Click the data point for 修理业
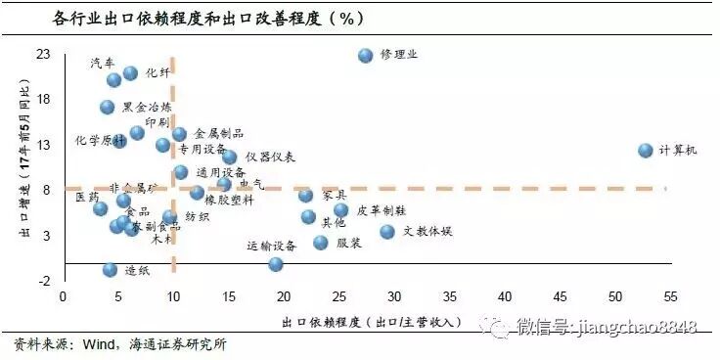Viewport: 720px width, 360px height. pyautogui.click(x=366, y=57)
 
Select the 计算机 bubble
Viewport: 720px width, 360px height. pyautogui.click(x=646, y=151)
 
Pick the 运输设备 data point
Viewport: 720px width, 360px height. pyautogui.click(x=276, y=264)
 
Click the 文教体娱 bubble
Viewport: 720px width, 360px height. pyautogui.click(x=387, y=232)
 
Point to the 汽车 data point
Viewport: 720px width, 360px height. pyautogui.click(x=113, y=80)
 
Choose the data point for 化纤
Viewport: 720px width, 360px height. pyautogui.click(x=131, y=73)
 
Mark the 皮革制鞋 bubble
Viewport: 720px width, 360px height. pyautogui.click(x=340, y=210)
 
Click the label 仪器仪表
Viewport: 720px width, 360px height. pyautogui.click(x=271, y=157)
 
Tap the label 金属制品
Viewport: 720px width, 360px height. pyautogui.click(x=219, y=133)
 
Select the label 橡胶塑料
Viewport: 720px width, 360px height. pyautogui.click(x=230, y=200)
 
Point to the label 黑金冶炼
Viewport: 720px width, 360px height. pyautogui.click(x=147, y=107)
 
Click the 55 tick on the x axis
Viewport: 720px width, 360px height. pyautogui.click(x=670, y=295)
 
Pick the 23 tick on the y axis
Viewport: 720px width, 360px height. pyautogui.click(x=44, y=55)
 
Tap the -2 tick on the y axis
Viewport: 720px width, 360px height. pyautogui.click(x=44, y=280)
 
